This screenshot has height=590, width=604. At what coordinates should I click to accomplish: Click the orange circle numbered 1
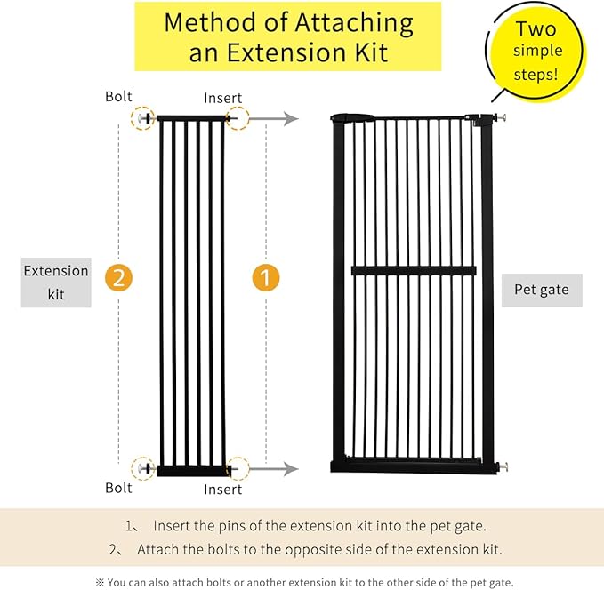tap(265, 277)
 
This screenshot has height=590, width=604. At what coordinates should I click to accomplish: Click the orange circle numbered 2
tap(118, 277)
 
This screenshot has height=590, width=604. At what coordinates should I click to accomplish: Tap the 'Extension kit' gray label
tap(56, 282)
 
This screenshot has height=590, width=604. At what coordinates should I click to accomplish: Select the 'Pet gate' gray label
tap(542, 290)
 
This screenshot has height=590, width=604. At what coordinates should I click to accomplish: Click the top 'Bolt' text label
tap(118, 96)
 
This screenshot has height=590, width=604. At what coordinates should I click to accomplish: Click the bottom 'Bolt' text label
tap(118, 488)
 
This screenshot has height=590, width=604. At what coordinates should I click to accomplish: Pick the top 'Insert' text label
tap(222, 98)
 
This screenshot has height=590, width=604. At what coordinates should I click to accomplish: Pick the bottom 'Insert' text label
tap(222, 490)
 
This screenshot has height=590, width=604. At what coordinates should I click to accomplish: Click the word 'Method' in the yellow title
tap(213, 22)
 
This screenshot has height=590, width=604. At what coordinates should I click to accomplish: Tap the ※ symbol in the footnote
tap(100, 582)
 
